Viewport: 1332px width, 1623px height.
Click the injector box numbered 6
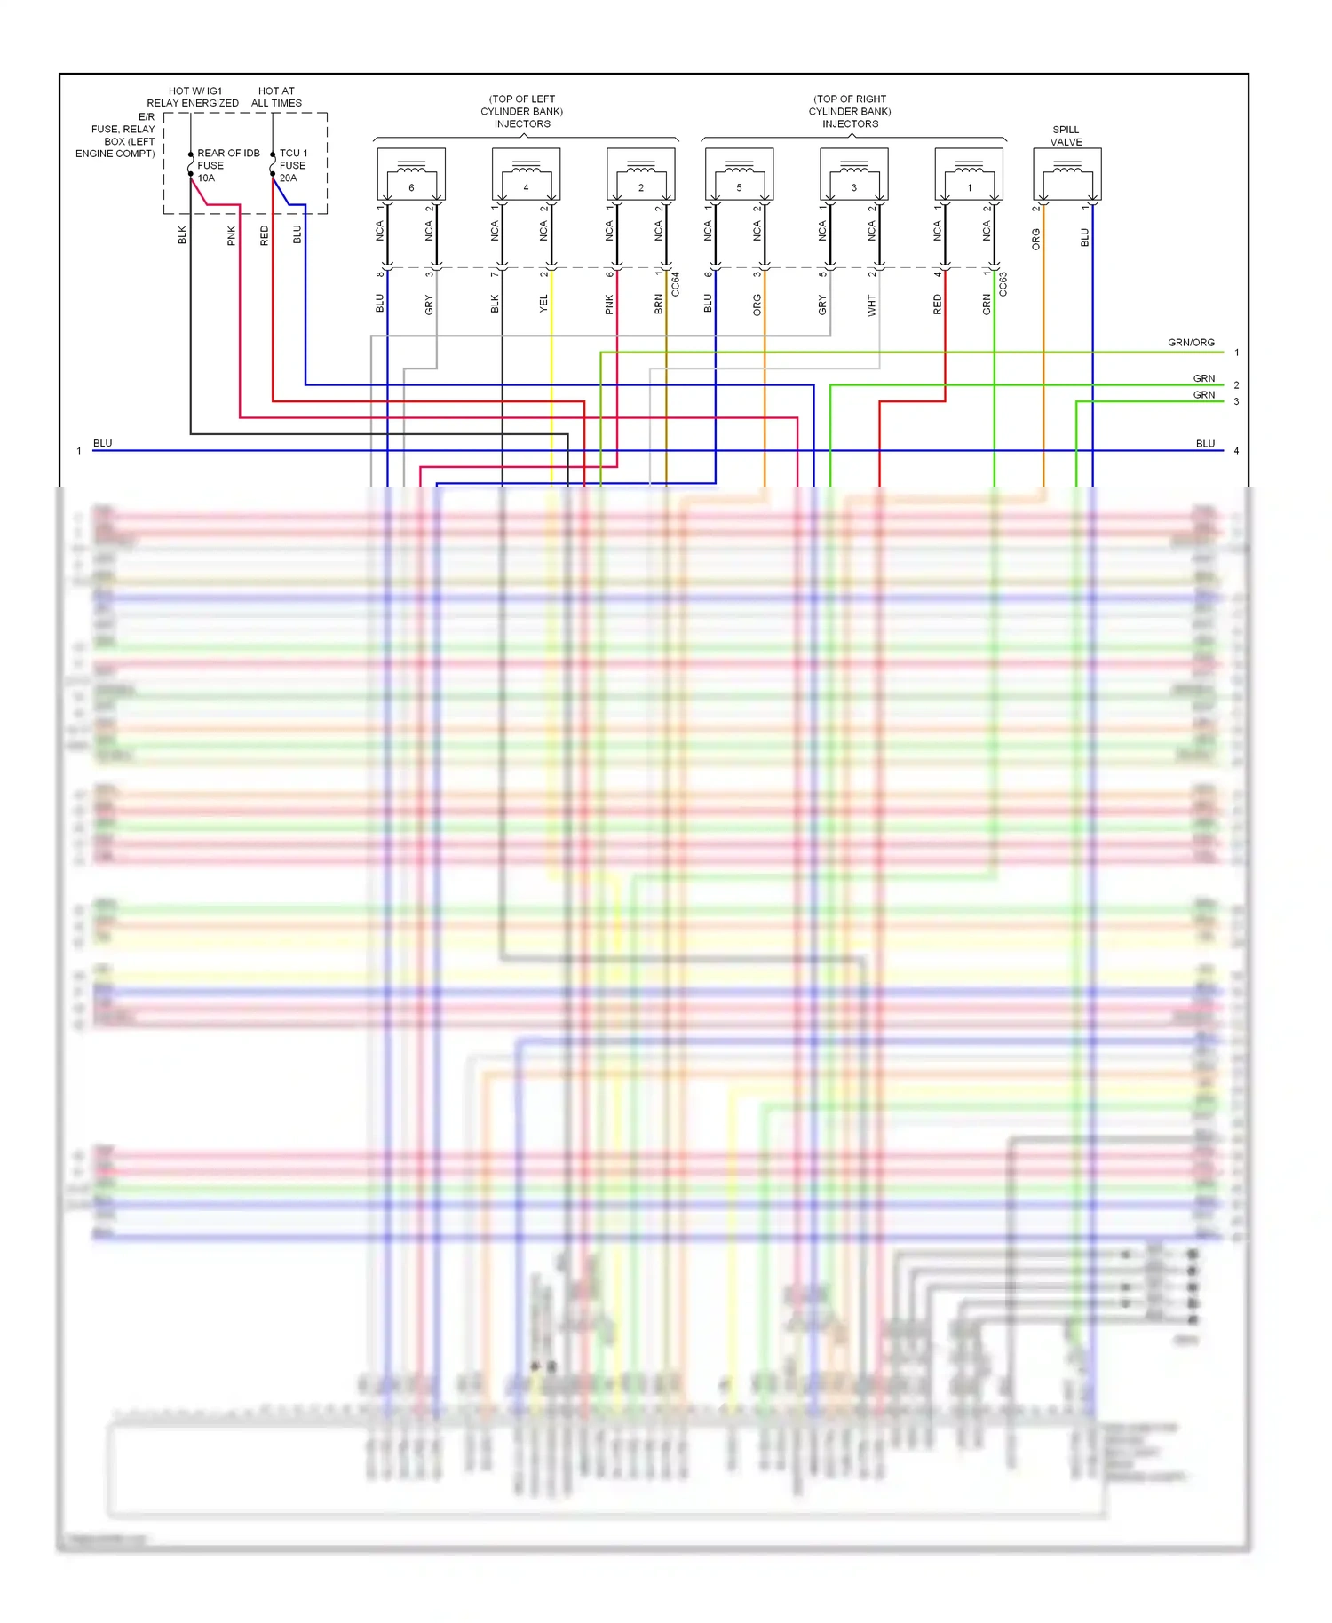click(x=411, y=175)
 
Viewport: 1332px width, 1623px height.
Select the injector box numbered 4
click(x=526, y=175)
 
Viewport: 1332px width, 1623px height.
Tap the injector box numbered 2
click(x=640, y=175)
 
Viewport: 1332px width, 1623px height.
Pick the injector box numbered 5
click(x=739, y=175)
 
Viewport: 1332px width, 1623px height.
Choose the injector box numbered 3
click(x=853, y=175)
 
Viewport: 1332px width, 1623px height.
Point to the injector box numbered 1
click(x=969, y=175)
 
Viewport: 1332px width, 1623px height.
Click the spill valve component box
click(x=1066, y=175)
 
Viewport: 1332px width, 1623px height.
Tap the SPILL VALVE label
click(x=1066, y=136)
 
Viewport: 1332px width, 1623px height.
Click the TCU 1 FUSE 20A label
click(x=293, y=165)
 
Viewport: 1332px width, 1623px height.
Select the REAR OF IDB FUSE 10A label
click(x=227, y=165)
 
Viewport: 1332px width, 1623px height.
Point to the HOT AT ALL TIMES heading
click(x=276, y=97)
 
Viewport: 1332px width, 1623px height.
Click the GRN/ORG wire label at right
click(x=1191, y=343)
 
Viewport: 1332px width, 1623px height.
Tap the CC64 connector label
click(x=676, y=284)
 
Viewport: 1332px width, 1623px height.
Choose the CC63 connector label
click(x=1003, y=284)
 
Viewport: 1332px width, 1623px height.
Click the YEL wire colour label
click(x=544, y=304)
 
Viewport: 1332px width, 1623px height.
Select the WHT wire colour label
click(x=872, y=305)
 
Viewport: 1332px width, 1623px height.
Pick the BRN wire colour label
click(x=659, y=304)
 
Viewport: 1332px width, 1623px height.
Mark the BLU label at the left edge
click(x=103, y=443)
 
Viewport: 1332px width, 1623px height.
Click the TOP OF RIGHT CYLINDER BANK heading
click(x=850, y=111)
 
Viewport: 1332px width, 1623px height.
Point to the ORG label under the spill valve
click(x=1035, y=239)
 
